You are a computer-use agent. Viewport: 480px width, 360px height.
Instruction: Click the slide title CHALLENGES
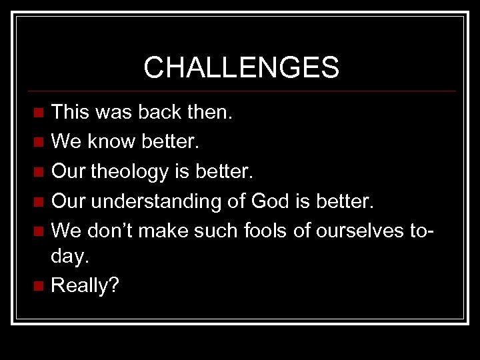coord(241,67)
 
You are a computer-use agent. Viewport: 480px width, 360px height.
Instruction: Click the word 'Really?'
coord(85,287)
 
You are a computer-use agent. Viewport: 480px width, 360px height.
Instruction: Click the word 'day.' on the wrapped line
coord(69,259)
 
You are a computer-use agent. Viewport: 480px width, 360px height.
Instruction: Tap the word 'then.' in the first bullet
coord(210,112)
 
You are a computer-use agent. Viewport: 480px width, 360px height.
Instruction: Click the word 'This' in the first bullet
coord(71,112)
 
